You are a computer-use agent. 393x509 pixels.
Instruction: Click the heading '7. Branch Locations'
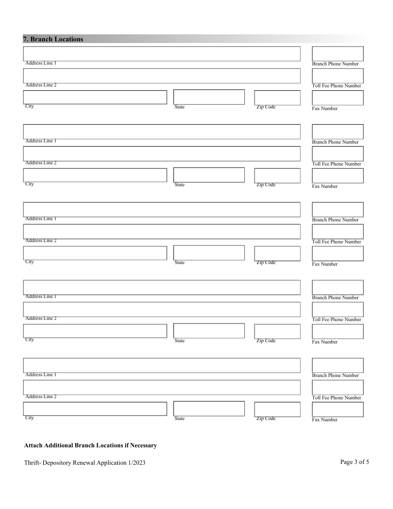tap(53, 39)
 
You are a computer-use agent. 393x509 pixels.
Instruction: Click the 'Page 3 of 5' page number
tap(355, 462)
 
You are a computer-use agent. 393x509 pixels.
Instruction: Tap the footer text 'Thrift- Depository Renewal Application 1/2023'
tap(85, 463)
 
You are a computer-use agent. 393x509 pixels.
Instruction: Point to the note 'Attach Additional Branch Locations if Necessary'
tap(91, 445)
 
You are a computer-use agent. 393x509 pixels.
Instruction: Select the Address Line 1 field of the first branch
tap(162, 54)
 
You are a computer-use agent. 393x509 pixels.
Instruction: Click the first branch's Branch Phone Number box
tap(338, 54)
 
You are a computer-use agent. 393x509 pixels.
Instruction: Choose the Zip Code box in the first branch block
tap(277, 98)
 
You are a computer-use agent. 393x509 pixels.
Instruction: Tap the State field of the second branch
tap(209, 175)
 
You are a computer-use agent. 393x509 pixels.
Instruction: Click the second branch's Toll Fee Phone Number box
tap(338, 154)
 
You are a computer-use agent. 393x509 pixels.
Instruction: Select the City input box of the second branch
tap(95, 175)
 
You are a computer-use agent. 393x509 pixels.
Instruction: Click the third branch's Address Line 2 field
tap(162, 231)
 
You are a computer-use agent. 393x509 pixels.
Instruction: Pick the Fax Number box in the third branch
tap(338, 253)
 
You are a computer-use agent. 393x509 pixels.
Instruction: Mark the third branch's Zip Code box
tap(277, 253)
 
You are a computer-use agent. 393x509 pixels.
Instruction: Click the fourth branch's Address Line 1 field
tap(162, 287)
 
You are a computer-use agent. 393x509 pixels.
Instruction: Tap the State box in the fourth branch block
tap(209, 331)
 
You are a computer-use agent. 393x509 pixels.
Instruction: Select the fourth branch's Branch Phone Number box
tap(338, 287)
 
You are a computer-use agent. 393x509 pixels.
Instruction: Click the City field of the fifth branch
tap(95, 408)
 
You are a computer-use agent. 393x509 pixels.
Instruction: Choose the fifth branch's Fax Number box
tap(338, 409)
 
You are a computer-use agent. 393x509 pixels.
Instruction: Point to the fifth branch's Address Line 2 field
tap(162, 387)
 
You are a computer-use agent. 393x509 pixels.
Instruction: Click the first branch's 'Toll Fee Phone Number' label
tap(336, 86)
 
